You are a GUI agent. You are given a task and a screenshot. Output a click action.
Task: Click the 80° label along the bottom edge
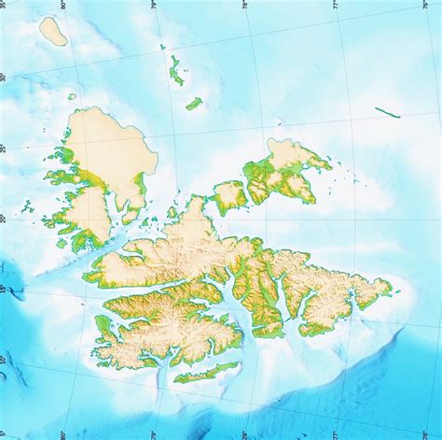(64, 434)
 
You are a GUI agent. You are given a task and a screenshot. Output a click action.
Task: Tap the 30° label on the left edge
(4, 78)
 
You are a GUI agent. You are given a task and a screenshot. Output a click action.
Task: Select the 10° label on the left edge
(4, 360)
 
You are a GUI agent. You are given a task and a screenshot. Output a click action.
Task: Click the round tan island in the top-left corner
(53, 31)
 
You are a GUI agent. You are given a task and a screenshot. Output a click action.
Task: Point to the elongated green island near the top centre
(175, 70)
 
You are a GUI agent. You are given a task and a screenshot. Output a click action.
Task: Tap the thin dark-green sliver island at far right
(388, 112)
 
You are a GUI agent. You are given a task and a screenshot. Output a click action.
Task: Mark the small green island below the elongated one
(194, 104)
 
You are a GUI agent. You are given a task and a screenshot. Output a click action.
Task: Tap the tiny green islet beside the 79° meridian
(162, 47)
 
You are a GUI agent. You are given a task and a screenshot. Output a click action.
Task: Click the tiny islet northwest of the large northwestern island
(72, 96)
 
